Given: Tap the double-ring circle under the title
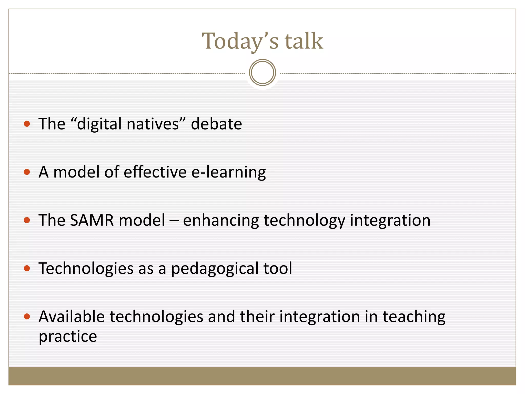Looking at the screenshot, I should pyautogui.click(x=262, y=73).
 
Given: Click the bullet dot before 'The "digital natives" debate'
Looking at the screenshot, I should pyautogui.click(x=27, y=124).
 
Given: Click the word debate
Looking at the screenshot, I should pyautogui.click(x=216, y=124).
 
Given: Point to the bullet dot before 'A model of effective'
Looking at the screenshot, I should pyautogui.click(x=27, y=172).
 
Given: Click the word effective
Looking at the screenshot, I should pyautogui.click(x=155, y=172).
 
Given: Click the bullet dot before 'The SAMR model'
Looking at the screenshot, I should pyautogui.click(x=27, y=220).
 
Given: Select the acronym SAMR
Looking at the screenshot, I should pyautogui.click(x=92, y=220).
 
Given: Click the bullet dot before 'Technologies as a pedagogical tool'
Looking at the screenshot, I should pyautogui.click(x=27, y=268).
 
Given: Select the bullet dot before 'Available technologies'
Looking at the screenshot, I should pyautogui.click(x=27, y=317).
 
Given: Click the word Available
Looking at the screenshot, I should pyautogui.click(x=72, y=317).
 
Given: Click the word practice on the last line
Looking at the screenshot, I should pyautogui.click(x=68, y=337).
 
